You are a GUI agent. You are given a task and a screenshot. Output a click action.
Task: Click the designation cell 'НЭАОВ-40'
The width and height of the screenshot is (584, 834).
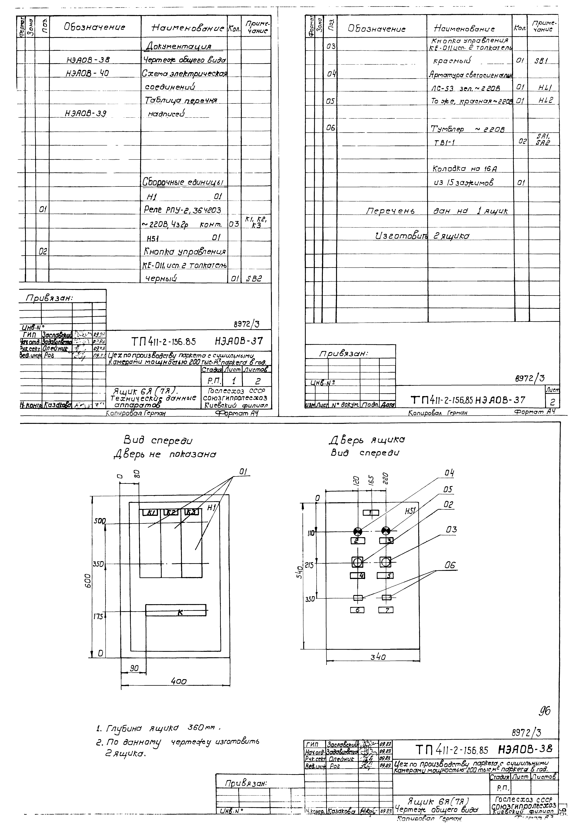click(x=87, y=73)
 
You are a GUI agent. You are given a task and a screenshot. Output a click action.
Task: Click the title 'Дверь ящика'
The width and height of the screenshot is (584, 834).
click(x=367, y=440)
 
